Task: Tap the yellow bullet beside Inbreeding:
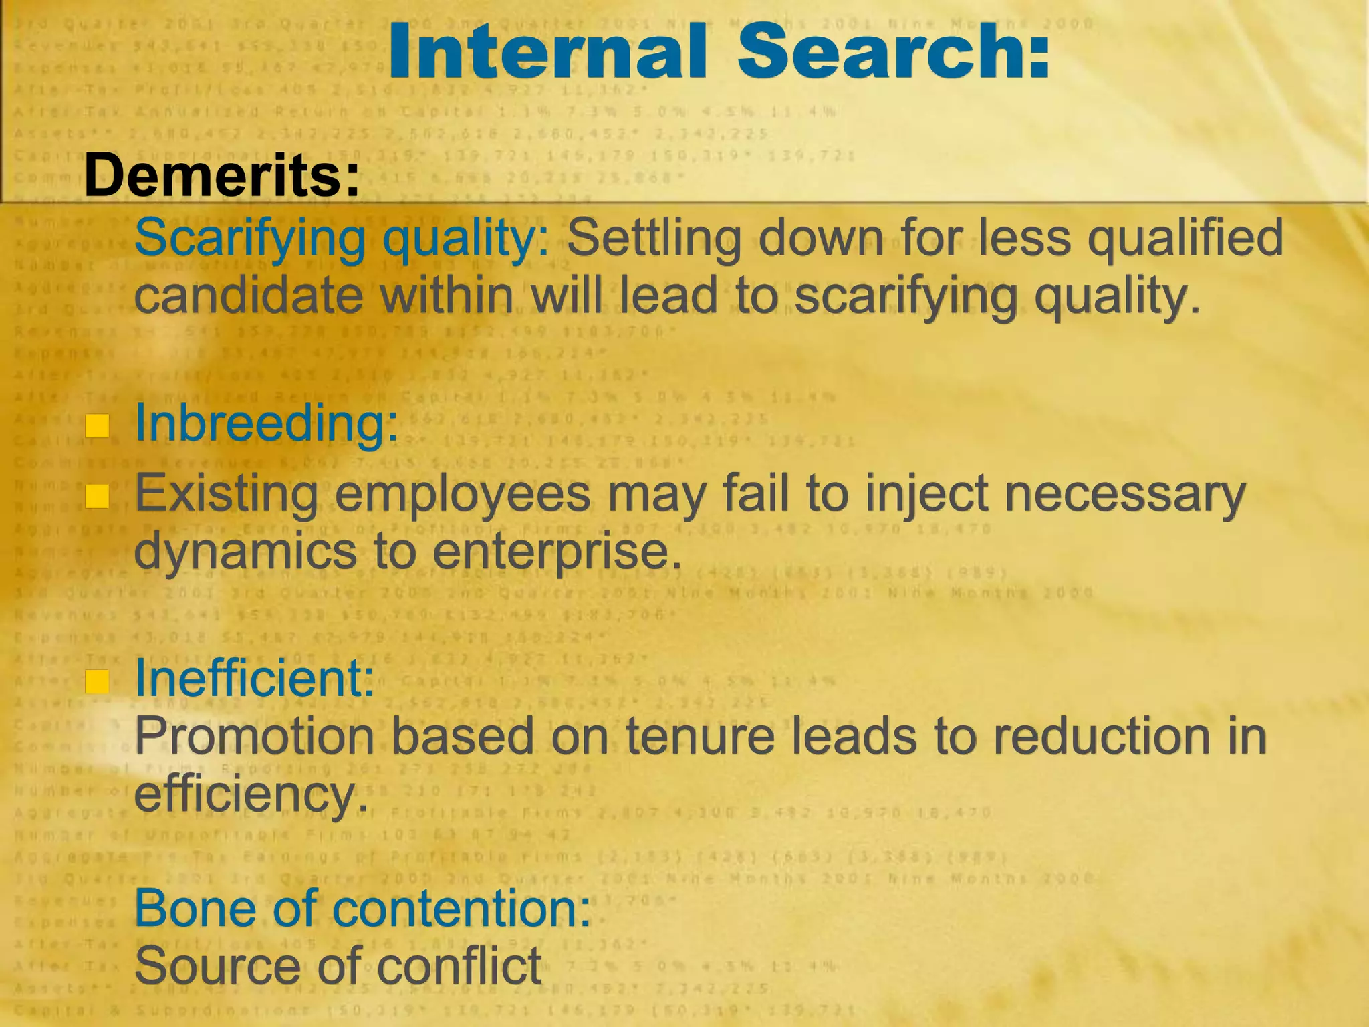[98, 426]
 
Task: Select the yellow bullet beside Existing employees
[98, 496]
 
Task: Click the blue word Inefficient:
[254, 678]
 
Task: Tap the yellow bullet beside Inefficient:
[98, 681]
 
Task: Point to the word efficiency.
[251, 794]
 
